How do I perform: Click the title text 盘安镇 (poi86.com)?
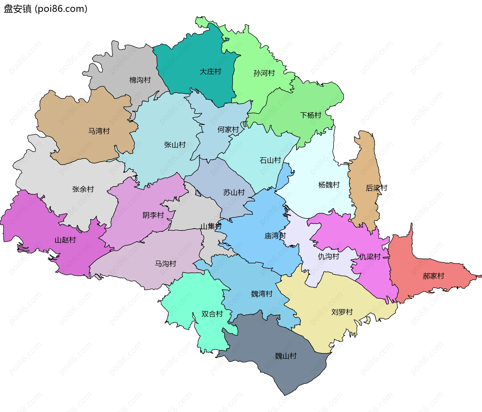pos(45,9)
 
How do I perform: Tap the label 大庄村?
pos(210,72)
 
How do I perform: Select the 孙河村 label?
pos(264,73)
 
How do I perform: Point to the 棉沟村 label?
pos(140,80)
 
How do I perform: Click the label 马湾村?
pos(99,131)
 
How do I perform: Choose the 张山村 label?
pos(175,145)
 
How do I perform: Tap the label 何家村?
pos(228,130)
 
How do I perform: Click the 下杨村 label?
pos(311,115)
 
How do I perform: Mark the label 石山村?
pos(270,160)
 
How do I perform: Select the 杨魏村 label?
pos(329,185)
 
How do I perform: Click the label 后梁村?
pos(376,188)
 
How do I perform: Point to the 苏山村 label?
pos(234,193)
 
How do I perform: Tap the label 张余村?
pos(83,189)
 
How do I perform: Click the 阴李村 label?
pos(153,215)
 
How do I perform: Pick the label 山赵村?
pos(65,240)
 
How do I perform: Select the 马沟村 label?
pos(165,264)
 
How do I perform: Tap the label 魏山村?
pos(286,356)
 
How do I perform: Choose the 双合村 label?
pos(212,314)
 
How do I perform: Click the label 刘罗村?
pos(342,312)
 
